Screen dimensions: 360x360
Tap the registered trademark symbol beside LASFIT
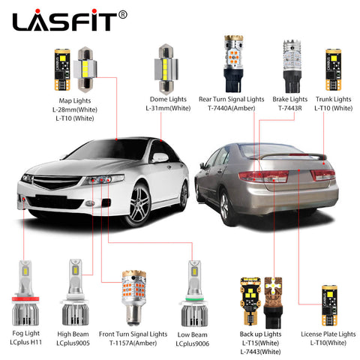[122, 15]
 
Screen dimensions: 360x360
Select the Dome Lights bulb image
[166, 69]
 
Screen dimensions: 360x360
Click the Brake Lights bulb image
[292, 66]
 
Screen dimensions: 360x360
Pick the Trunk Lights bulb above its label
[333, 70]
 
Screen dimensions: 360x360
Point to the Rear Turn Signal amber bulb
[233, 64]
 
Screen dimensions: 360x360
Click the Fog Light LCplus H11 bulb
[25, 293]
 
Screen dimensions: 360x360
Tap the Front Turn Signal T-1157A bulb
[133, 298]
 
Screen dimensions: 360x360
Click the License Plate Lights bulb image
[330, 305]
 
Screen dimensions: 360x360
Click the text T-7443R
[290, 108]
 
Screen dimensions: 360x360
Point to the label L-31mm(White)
[168, 108]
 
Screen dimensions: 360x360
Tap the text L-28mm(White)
[75, 109]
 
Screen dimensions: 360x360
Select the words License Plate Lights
[328, 334]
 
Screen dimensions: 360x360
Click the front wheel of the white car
[139, 205]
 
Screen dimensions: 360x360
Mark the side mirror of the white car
[160, 157]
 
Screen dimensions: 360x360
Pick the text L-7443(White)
[260, 352]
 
